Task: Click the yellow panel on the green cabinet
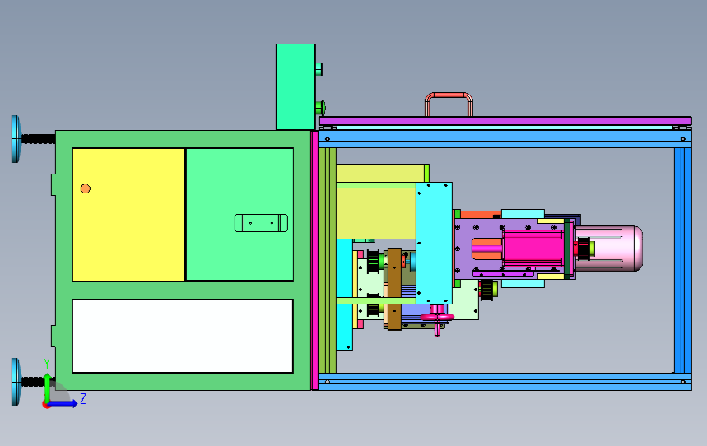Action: click(x=128, y=214)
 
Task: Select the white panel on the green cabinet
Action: click(x=183, y=336)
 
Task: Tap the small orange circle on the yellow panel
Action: click(x=86, y=188)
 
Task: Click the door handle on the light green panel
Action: click(x=262, y=223)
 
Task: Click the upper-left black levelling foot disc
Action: click(x=16, y=138)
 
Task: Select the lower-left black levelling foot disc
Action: click(x=16, y=382)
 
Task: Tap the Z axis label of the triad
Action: click(x=83, y=399)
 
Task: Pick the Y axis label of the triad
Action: click(x=47, y=363)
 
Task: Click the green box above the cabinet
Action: click(x=295, y=86)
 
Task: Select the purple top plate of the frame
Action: click(x=504, y=121)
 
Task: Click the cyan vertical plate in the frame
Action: click(x=434, y=242)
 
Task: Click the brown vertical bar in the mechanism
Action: click(x=393, y=288)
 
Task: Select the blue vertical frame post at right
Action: click(x=682, y=259)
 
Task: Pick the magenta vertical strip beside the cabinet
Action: click(x=314, y=259)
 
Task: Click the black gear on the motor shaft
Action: click(x=584, y=247)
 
